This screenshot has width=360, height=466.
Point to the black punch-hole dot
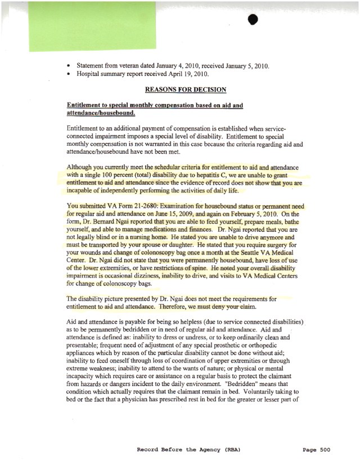pyautogui.click(x=252, y=20)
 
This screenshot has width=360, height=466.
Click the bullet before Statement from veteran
pyautogui.click(x=69, y=66)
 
